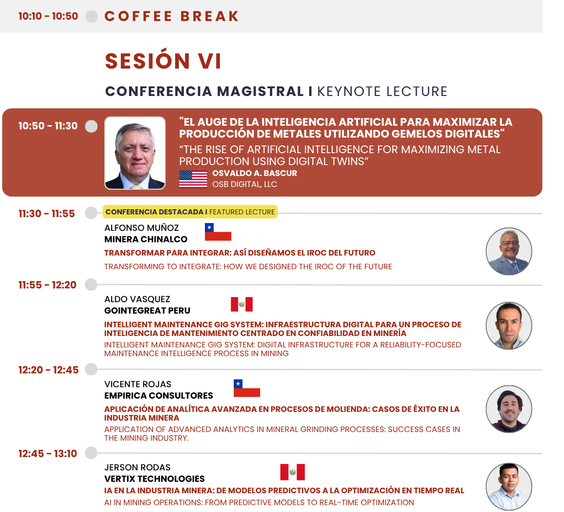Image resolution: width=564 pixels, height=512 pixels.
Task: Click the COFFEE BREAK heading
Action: click(172, 16)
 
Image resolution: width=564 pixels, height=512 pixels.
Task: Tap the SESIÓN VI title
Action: click(163, 61)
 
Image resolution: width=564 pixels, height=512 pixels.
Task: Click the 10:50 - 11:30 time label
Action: click(48, 126)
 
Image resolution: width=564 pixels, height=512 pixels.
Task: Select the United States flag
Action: click(193, 179)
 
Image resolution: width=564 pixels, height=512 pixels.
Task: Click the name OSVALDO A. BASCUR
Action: click(254, 173)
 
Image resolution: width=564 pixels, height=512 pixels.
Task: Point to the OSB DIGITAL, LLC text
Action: click(245, 184)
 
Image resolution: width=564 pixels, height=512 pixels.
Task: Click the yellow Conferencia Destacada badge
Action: click(190, 212)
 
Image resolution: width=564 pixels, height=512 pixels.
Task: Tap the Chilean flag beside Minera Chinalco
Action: click(218, 232)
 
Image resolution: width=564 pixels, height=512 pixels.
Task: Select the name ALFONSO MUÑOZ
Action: click(141, 228)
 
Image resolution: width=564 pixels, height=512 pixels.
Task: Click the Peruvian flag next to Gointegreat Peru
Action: click(242, 304)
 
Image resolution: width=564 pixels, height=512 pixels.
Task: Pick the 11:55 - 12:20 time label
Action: click(47, 285)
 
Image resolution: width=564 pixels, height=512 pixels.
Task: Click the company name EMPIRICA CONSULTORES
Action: click(159, 395)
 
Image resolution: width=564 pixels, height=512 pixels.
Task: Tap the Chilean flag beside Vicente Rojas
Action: click(247, 388)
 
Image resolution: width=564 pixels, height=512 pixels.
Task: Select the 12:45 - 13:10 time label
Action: click(48, 453)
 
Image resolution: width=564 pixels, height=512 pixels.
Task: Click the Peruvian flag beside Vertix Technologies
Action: click(292, 472)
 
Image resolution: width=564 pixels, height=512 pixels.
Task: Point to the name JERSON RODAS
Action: click(137, 467)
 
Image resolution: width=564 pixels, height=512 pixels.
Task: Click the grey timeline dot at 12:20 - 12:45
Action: click(91, 369)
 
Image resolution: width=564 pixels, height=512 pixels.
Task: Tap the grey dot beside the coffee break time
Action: click(91, 16)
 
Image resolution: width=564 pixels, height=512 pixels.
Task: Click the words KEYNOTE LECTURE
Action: click(382, 91)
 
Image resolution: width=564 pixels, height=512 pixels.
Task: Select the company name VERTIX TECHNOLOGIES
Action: click(154, 479)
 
